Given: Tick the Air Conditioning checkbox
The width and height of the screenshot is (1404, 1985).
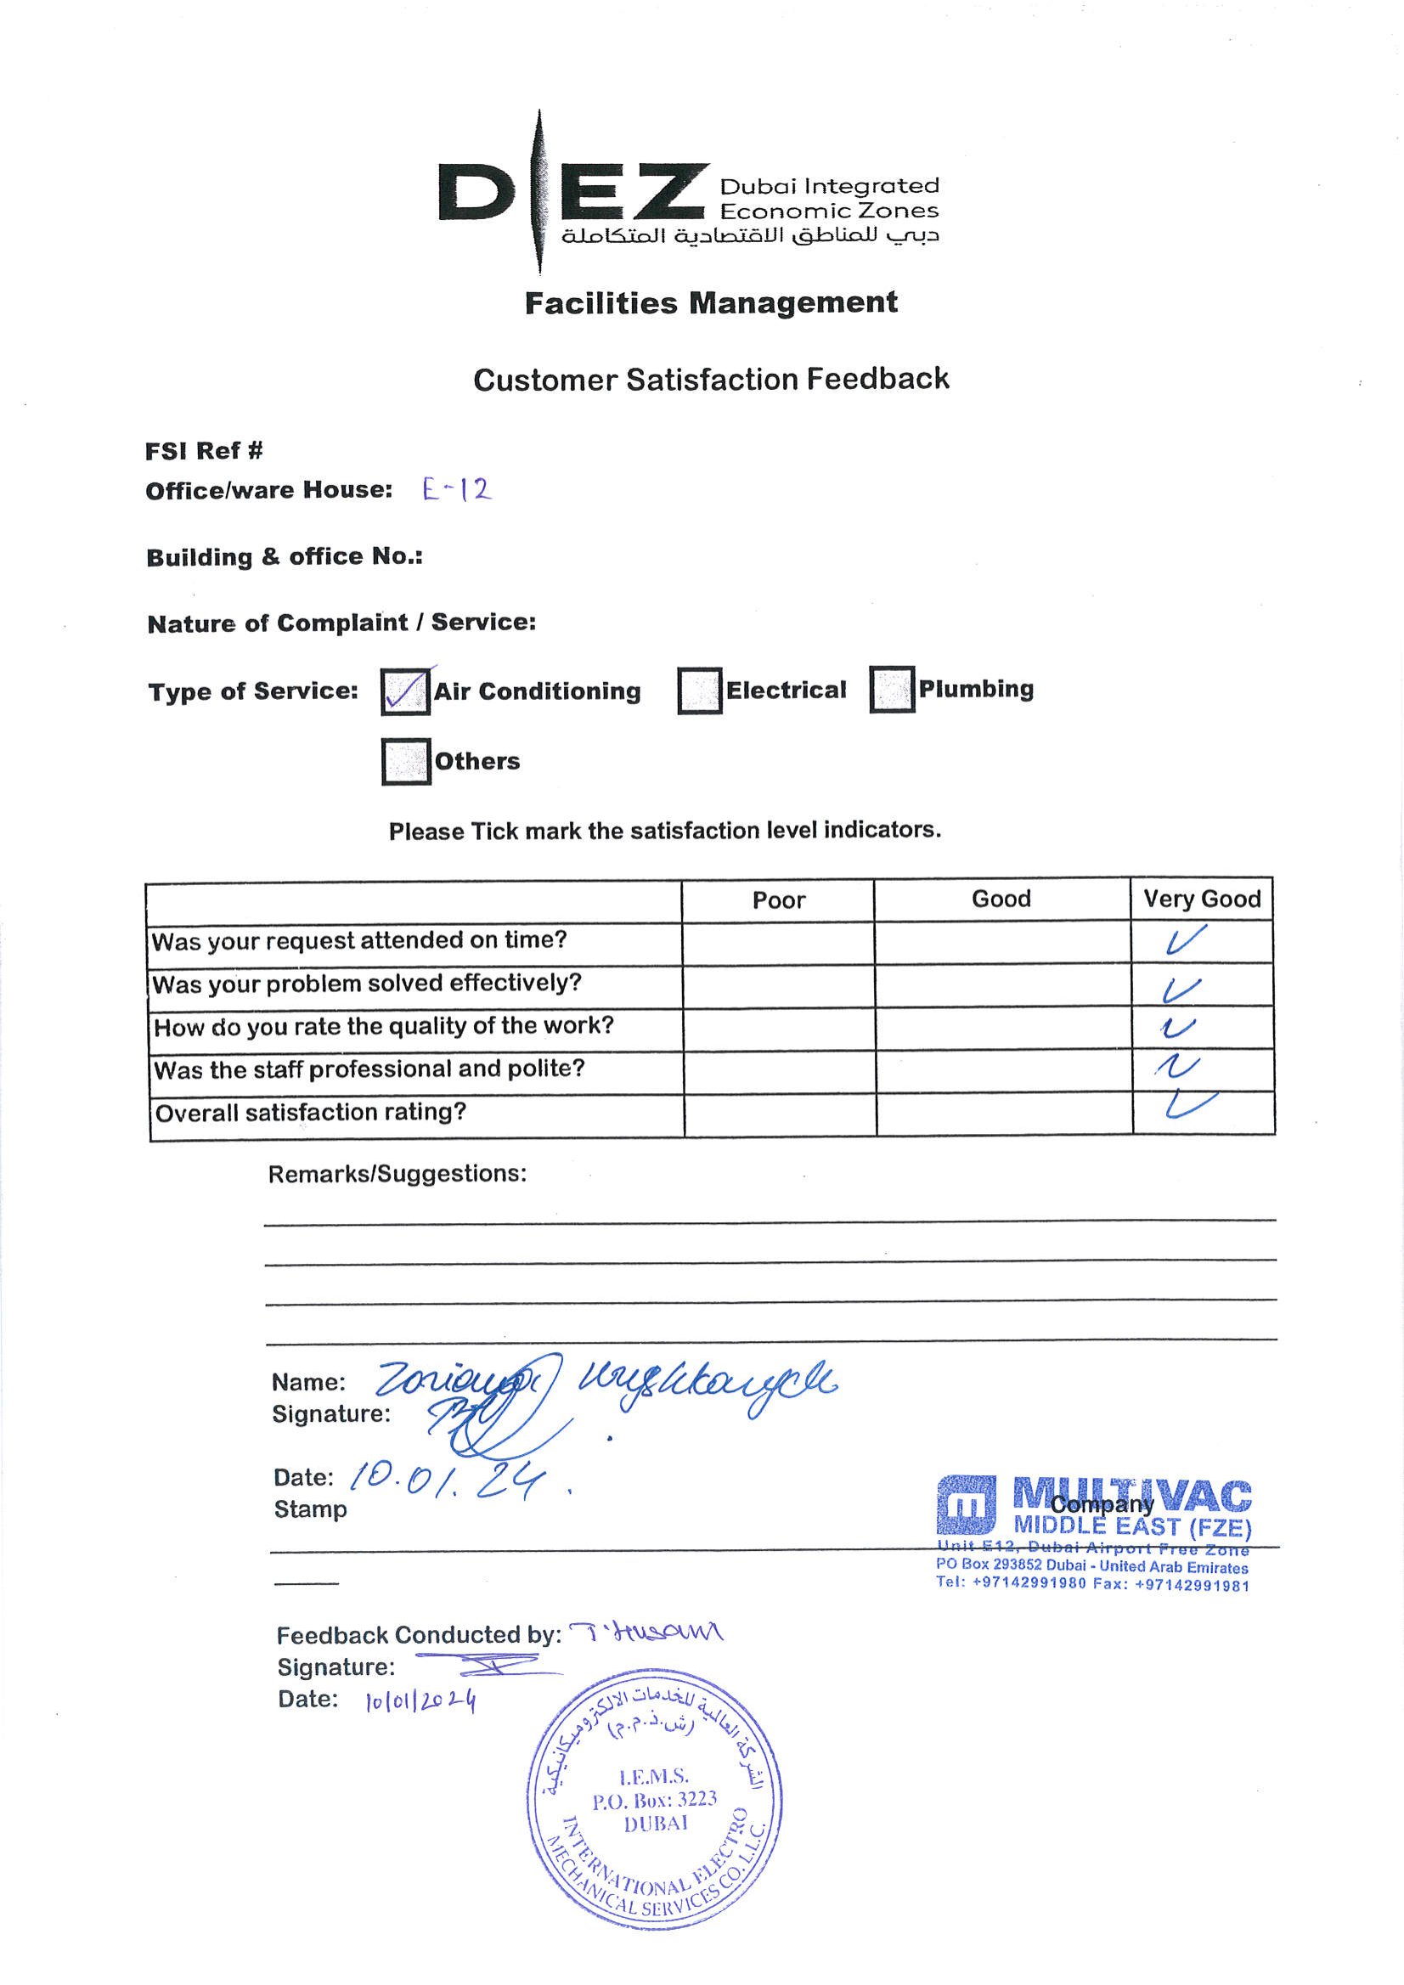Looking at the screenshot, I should pyautogui.click(x=404, y=691).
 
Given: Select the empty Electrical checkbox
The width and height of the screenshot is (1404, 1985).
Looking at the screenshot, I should pyautogui.click(x=699, y=691).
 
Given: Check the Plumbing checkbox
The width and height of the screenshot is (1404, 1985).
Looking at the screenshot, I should pyautogui.click(x=891, y=689).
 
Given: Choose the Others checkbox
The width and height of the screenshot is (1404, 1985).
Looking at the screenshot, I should pyautogui.click(x=405, y=762).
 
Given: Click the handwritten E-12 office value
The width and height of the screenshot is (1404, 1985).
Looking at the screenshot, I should pyautogui.click(x=456, y=490).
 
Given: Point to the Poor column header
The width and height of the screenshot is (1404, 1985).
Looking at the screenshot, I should pyautogui.click(x=778, y=901).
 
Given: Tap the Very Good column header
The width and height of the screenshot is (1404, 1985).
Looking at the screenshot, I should pyautogui.click(x=1202, y=899).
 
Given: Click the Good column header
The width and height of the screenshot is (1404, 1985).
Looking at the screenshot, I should pyautogui.click(x=1001, y=899).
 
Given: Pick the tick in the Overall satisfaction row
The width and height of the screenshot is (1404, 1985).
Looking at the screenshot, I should pyautogui.click(x=1190, y=1106).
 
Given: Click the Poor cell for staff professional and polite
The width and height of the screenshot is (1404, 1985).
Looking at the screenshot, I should pyautogui.click(x=779, y=1070).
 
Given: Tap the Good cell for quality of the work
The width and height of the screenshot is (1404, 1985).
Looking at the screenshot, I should pyautogui.click(x=1002, y=1028).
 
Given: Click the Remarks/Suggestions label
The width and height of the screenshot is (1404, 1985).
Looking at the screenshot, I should pyautogui.click(x=397, y=1174).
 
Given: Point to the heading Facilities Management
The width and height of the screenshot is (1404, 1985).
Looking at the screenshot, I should pyautogui.click(x=711, y=303).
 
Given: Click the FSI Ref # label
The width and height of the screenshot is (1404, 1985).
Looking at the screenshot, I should pyautogui.click(x=204, y=450).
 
